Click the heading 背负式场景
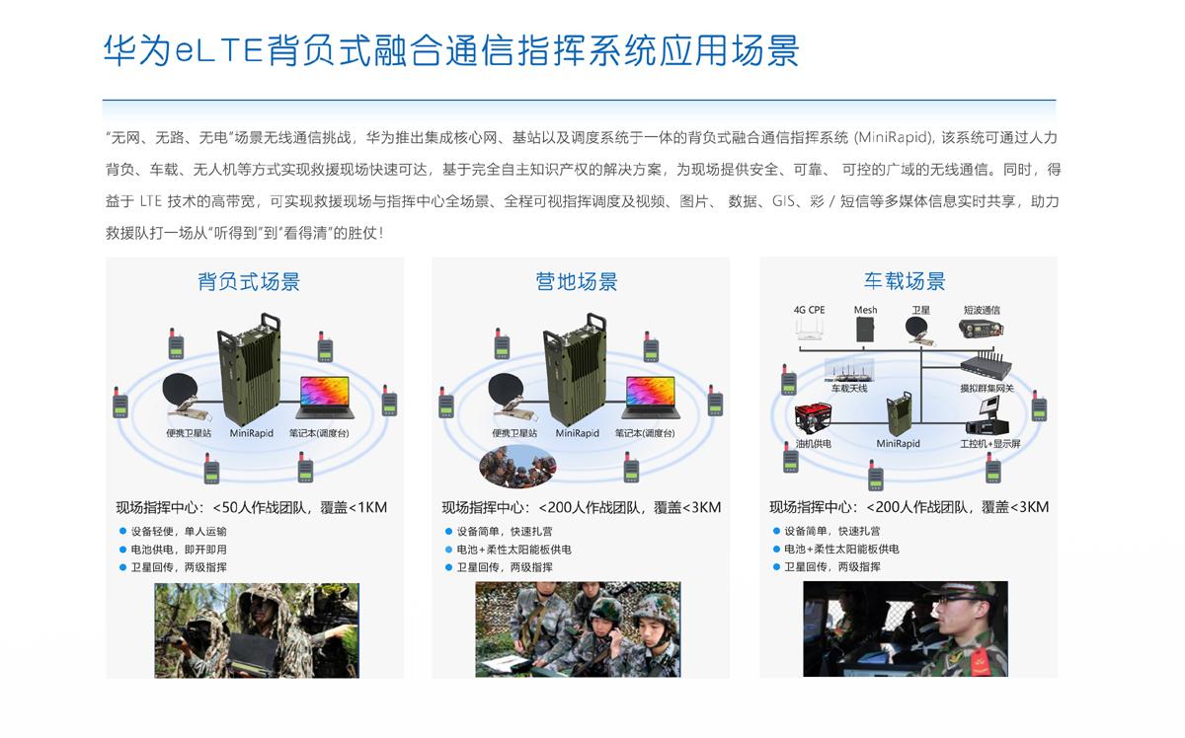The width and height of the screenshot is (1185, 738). tap(249, 282)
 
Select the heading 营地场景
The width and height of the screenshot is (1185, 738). tap(576, 282)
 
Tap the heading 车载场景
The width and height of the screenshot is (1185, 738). tap(905, 281)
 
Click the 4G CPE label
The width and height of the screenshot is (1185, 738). tap(809, 310)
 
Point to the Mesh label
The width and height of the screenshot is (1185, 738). tap(865, 310)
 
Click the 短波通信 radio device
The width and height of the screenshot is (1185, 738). tap(981, 329)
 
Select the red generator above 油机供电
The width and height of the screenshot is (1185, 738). tap(813, 418)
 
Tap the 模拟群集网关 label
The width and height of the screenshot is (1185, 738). tap(987, 389)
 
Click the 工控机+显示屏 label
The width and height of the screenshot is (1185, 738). tap(990, 444)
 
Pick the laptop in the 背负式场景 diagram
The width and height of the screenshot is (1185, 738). tap(325, 398)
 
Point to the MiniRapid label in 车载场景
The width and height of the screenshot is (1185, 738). tap(898, 444)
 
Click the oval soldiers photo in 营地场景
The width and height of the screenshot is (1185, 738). tap(517, 467)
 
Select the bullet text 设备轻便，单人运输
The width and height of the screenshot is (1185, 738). tap(179, 531)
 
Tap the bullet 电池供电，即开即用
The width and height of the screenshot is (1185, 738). tap(179, 550)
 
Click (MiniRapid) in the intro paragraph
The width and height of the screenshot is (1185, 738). tap(895, 138)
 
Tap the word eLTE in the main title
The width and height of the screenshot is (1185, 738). tap(219, 50)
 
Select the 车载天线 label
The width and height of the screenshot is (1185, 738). tap(849, 389)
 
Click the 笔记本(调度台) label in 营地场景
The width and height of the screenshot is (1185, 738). tap(645, 433)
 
